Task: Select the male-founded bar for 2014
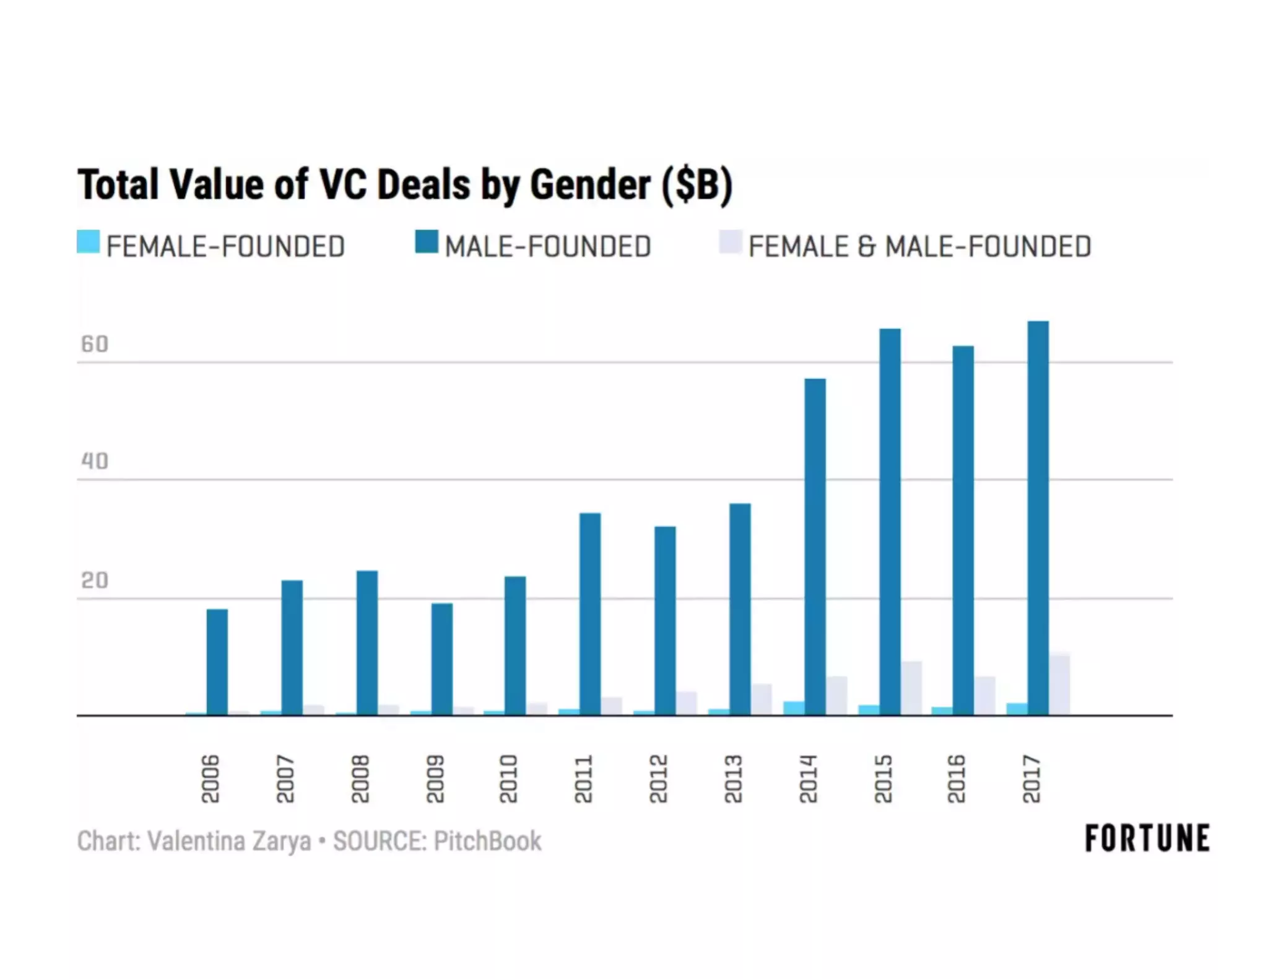tap(815, 547)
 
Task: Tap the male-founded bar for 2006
tap(217, 662)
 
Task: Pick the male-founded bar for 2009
tap(441, 659)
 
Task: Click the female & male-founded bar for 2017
tap(1059, 684)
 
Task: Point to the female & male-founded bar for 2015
tap(911, 688)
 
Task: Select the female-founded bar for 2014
tap(794, 709)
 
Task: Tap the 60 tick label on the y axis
tap(94, 344)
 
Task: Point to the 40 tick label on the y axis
tap(94, 461)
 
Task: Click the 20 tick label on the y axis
tap(94, 580)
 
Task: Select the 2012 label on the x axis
tap(658, 778)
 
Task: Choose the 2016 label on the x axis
tap(956, 778)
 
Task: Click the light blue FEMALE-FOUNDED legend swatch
tap(88, 242)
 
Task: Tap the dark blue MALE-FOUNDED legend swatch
tap(427, 242)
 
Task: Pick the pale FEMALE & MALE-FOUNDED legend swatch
tap(730, 242)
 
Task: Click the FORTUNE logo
tap(1147, 839)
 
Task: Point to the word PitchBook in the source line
tap(487, 841)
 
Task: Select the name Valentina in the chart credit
tap(196, 841)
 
